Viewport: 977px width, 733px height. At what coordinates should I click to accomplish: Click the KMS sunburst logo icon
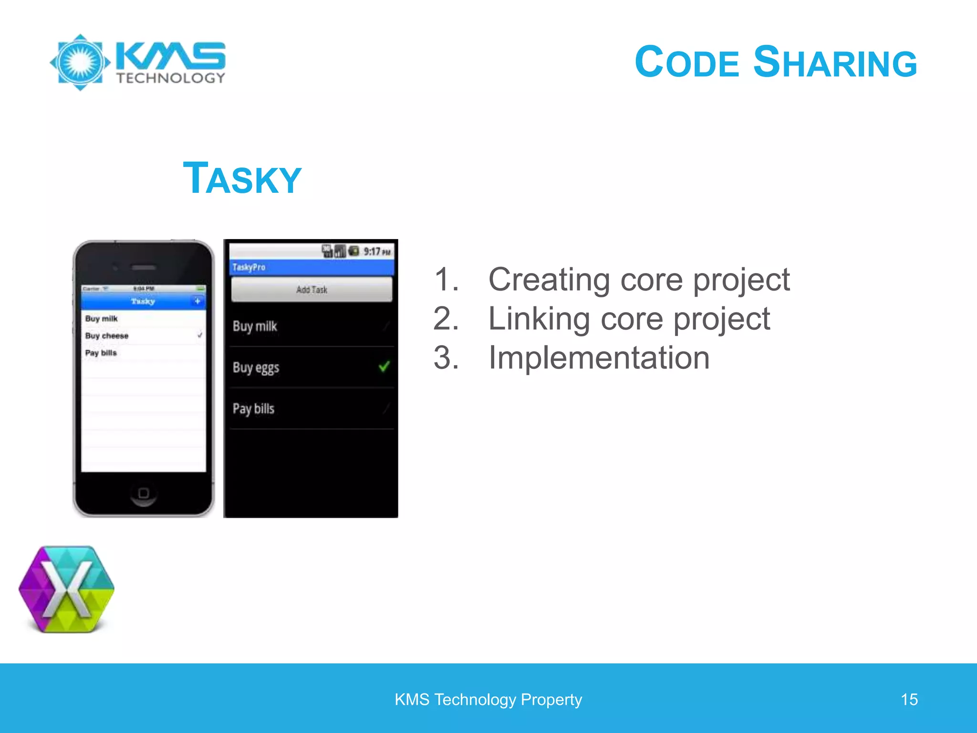click(x=80, y=62)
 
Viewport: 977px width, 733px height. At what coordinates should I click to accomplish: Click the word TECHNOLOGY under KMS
click(x=171, y=78)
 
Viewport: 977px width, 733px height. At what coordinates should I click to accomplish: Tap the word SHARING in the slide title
click(x=835, y=63)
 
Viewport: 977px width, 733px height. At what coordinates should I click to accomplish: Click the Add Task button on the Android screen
click(x=312, y=290)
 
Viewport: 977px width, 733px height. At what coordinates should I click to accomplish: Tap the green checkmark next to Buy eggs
click(x=384, y=366)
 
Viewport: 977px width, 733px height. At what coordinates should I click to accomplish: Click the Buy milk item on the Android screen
click(x=255, y=326)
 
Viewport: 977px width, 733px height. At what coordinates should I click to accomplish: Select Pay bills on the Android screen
click(x=253, y=409)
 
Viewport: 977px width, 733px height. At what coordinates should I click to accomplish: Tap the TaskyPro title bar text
click(x=249, y=267)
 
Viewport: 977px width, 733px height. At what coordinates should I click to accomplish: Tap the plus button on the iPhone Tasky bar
click(x=197, y=301)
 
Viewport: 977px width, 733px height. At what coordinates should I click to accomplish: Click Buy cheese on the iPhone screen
click(x=107, y=336)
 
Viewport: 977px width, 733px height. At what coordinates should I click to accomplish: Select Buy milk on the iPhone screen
click(x=101, y=319)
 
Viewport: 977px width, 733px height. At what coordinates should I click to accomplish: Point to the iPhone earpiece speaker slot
click(x=144, y=268)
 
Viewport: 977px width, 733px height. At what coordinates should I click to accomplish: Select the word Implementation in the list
click(x=599, y=358)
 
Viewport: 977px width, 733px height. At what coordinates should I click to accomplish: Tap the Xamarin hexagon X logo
click(x=67, y=590)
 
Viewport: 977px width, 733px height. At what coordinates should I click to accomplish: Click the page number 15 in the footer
click(x=909, y=700)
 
